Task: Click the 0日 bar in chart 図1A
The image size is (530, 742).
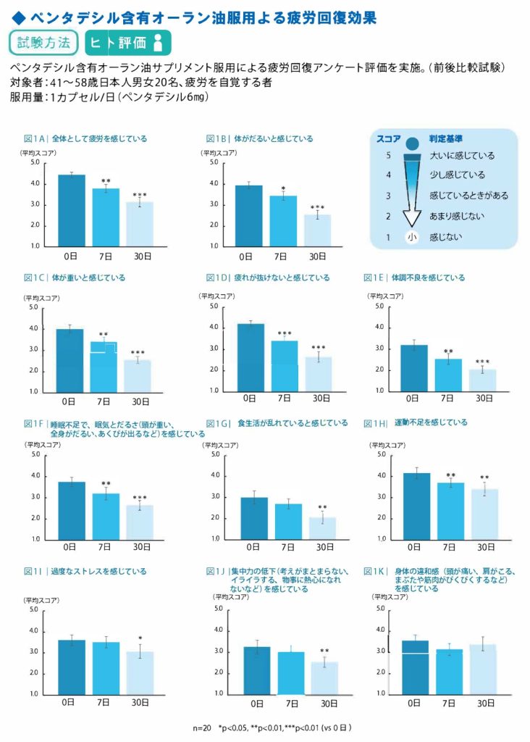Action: tap(72, 210)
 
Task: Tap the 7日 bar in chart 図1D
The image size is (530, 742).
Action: tap(284, 365)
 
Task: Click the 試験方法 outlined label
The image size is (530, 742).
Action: tap(43, 42)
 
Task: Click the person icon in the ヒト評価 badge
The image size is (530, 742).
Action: tap(158, 43)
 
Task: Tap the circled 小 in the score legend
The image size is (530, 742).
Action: tap(411, 236)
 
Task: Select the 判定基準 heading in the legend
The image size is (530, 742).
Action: tap(446, 138)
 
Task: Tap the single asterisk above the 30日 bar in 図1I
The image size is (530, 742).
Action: tap(140, 638)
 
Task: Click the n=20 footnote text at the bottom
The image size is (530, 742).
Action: tap(203, 726)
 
